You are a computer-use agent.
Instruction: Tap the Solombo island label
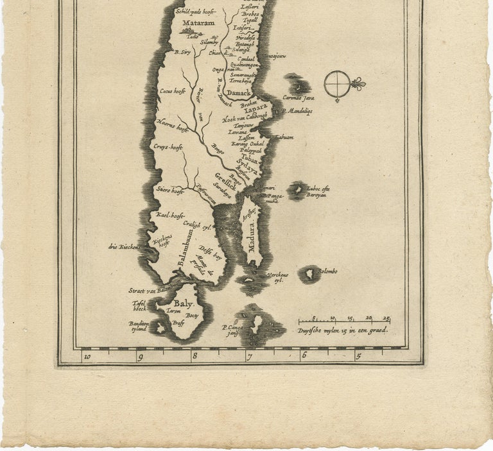[x=326, y=271]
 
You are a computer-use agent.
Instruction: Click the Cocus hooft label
[x=173, y=92]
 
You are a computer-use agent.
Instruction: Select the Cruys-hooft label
[x=168, y=147]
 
